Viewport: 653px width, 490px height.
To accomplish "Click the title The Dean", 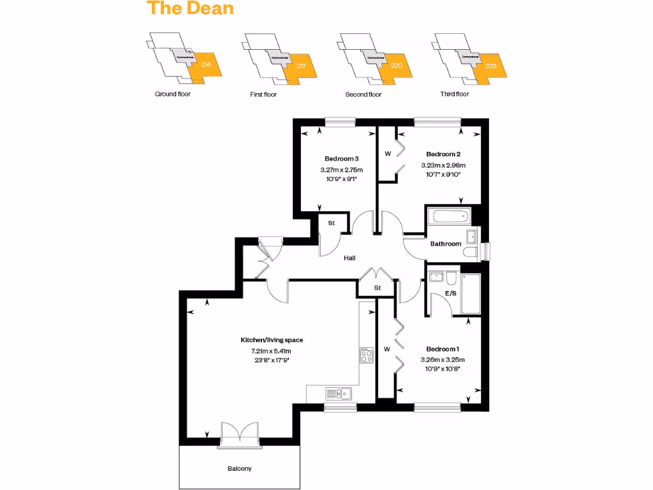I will click(190, 9).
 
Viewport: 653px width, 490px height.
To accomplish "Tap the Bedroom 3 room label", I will click(342, 159).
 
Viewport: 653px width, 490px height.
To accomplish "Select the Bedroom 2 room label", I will click(443, 154).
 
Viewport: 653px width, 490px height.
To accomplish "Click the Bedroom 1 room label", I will click(443, 349).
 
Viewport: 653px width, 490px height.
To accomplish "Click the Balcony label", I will click(240, 469).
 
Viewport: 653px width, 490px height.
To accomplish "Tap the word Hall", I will click(349, 258).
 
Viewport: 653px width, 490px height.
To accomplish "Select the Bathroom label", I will click(446, 244).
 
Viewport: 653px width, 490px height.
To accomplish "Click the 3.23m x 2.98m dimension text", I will click(443, 165).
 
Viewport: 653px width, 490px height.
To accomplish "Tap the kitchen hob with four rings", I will click(366, 355).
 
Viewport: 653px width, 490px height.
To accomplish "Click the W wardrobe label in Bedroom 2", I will click(388, 154).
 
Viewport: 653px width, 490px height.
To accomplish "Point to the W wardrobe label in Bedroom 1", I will click(386, 349).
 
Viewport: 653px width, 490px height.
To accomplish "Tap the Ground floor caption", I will click(173, 94).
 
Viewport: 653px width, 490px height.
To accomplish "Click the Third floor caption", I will click(455, 94).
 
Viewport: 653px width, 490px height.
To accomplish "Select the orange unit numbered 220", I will click(396, 66).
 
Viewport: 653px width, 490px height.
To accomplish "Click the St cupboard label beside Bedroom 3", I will click(332, 223).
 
